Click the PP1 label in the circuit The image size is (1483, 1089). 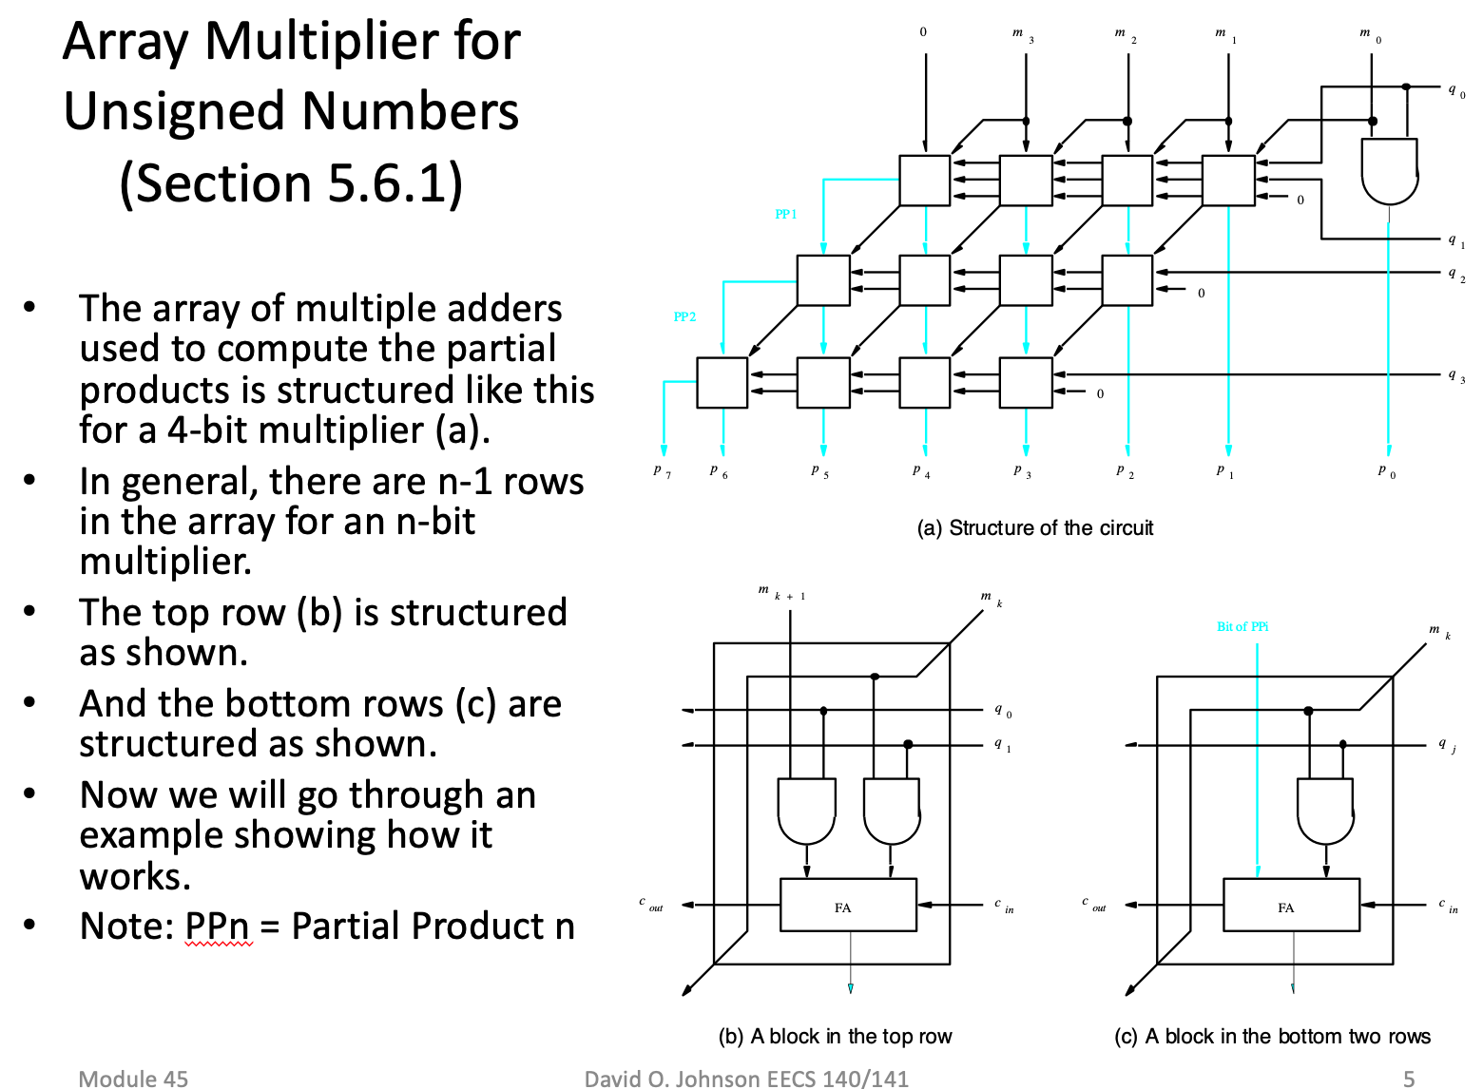(785, 214)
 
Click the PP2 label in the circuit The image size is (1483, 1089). (684, 316)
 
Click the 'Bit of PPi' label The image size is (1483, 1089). (1242, 626)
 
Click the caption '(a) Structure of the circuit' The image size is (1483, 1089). (1034, 528)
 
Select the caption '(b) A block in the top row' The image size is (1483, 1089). (835, 1036)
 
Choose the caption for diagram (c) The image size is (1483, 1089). (1272, 1036)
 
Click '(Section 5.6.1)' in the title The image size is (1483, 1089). (291, 182)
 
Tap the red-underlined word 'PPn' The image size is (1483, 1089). (218, 926)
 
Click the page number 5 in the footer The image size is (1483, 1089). (1409, 1078)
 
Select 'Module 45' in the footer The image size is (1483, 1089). (133, 1078)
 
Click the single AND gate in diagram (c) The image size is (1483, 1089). (1326, 811)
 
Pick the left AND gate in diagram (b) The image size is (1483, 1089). (806, 811)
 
